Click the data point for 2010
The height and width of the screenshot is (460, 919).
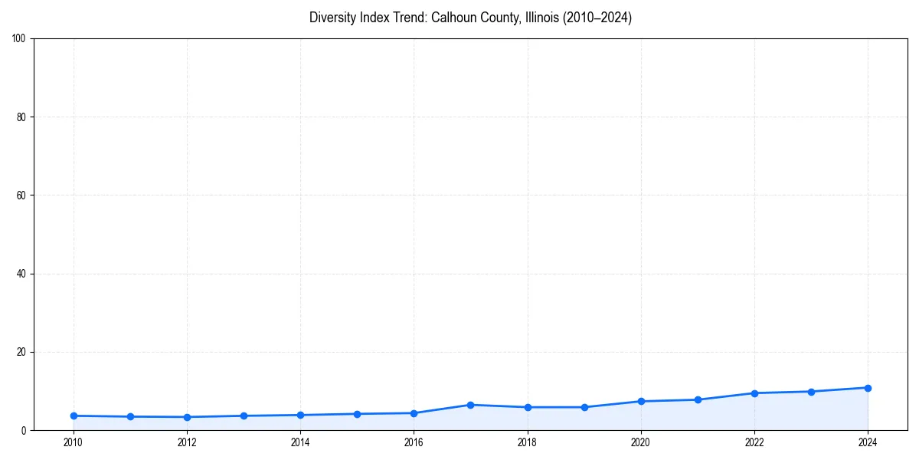(74, 416)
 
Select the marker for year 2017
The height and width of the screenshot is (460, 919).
(470, 405)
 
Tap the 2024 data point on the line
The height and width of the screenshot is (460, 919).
(868, 388)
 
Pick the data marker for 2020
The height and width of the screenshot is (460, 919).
(641, 401)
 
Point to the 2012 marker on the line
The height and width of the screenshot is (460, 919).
(187, 417)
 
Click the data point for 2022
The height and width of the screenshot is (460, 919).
(754, 393)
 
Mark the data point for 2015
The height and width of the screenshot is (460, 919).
(357, 414)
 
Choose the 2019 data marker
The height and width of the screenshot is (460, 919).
(584, 407)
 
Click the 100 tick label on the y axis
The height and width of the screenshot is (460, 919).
(19, 38)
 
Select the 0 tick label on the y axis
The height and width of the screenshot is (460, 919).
(24, 431)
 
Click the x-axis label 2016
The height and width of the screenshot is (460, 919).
(414, 442)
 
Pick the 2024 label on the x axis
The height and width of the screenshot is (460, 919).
(868, 442)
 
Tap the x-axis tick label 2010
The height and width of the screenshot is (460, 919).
(74, 442)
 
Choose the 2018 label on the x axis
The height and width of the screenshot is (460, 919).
(527, 442)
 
